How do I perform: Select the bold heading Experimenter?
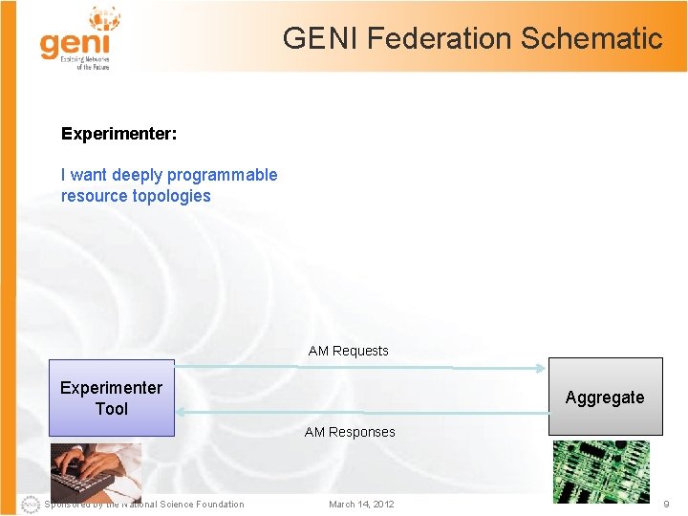coord(118,134)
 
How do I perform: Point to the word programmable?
coord(226,175)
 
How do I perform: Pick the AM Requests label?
coord(348,351)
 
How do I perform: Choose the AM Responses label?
coord(349,432)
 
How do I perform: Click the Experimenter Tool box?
coord(112,398)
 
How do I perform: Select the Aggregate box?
coord(605,397)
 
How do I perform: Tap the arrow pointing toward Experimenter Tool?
coord(363,412)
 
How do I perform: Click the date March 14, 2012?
coord(360,505)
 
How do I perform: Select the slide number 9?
coord(666,504)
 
